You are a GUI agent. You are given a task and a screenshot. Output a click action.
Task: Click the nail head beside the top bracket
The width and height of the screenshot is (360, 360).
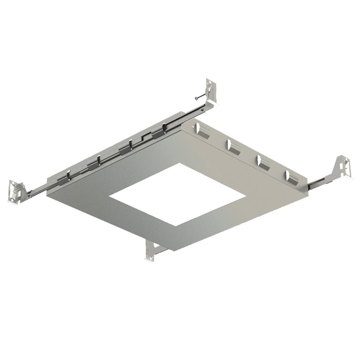point(196,97)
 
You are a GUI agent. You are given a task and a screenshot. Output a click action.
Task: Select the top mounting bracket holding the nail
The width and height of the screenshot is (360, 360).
point(211,91)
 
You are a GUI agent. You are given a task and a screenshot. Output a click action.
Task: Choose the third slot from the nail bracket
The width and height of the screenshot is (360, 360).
point(263,161)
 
